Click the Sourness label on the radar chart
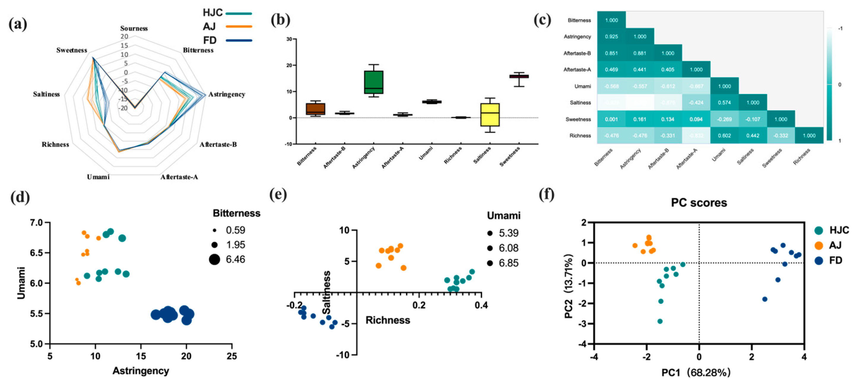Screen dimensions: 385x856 tap(134, 28)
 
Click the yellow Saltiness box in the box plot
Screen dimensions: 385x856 tap(490, 114)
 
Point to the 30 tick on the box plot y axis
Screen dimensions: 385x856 tap(289, 39)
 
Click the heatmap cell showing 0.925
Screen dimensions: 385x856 tap(611, 36)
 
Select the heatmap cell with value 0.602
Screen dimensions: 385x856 tap(725, 135)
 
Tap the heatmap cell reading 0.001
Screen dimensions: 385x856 tap(611, 119)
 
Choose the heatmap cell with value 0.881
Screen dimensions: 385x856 tap(640, 53)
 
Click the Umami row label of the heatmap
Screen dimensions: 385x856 tap(583, 86)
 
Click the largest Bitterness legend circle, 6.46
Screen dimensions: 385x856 tap(215, 259)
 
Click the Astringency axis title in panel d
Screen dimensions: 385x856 tap(141, 371)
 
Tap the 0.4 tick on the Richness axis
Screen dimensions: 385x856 tap(481, 304)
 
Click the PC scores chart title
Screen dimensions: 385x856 tap(699, 202)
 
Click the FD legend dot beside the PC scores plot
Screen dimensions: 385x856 tap(819, 261)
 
